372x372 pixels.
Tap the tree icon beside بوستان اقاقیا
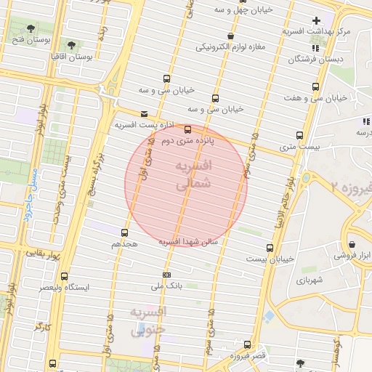(x=71, y=44)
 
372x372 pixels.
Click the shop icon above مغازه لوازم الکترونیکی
(x=230, y=36)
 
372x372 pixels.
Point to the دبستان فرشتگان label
(x=336, y=59)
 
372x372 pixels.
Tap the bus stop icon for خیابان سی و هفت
(x=315, y=87)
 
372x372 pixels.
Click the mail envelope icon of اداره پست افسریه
(x=144, y=114)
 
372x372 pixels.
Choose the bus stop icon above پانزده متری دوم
(x=188, y=130)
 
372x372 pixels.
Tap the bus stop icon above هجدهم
(x=124, y=233)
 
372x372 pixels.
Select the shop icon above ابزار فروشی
(x=352, y=244)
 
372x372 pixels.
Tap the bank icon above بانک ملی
(x=167, y=275)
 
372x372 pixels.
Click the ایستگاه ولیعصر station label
(x=97, y=287)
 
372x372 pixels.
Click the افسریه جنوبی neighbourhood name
(x=148, y=320)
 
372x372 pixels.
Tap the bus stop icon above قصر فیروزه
(x=247, y=344)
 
